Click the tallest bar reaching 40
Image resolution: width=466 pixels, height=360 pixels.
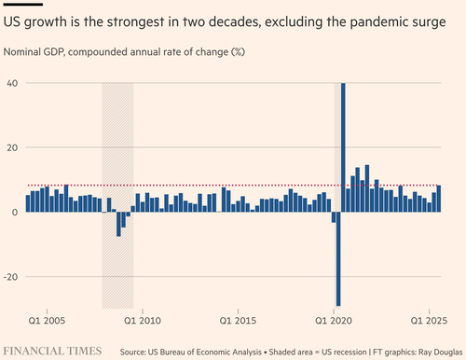(343, 147)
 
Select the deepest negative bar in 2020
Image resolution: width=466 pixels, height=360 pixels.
(338, 259)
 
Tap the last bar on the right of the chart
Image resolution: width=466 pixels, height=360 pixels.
(439, 199)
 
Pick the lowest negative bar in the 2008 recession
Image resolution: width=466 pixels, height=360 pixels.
(118, 224)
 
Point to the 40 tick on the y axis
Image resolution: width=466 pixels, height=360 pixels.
(13, 83)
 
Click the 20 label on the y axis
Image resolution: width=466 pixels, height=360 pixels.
(13, 147)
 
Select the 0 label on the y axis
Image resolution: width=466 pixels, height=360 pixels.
(15, 213)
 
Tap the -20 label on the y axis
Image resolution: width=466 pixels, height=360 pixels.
(11, 277)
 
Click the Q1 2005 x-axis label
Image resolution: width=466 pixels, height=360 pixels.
(47, 321)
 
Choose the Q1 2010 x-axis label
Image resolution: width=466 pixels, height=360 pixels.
(143, 321)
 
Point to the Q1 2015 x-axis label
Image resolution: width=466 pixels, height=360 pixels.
(238, 321)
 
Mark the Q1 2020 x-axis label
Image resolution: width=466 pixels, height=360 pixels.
(334, 321)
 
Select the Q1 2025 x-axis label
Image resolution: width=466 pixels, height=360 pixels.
(429, 321)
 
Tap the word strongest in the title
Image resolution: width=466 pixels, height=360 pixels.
(135, 22)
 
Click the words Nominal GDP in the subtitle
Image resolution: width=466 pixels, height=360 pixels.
(34, 52)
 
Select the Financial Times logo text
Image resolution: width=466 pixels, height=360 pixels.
(52, 351)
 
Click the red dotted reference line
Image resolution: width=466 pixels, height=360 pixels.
(234, 186)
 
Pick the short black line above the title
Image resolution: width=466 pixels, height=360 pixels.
(23, 5)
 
